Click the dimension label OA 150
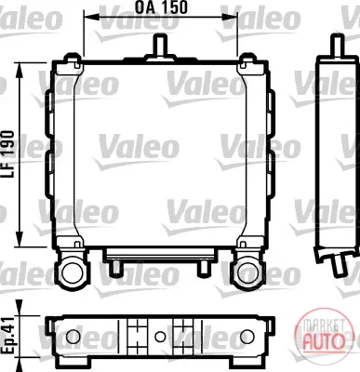click(x=161, y=7)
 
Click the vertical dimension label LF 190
click(x=7, y=154)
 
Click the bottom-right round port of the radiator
click(x=247, y=271)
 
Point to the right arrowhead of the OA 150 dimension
click(x=230, y=17)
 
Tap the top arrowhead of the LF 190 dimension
click(x=20, y=71)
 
